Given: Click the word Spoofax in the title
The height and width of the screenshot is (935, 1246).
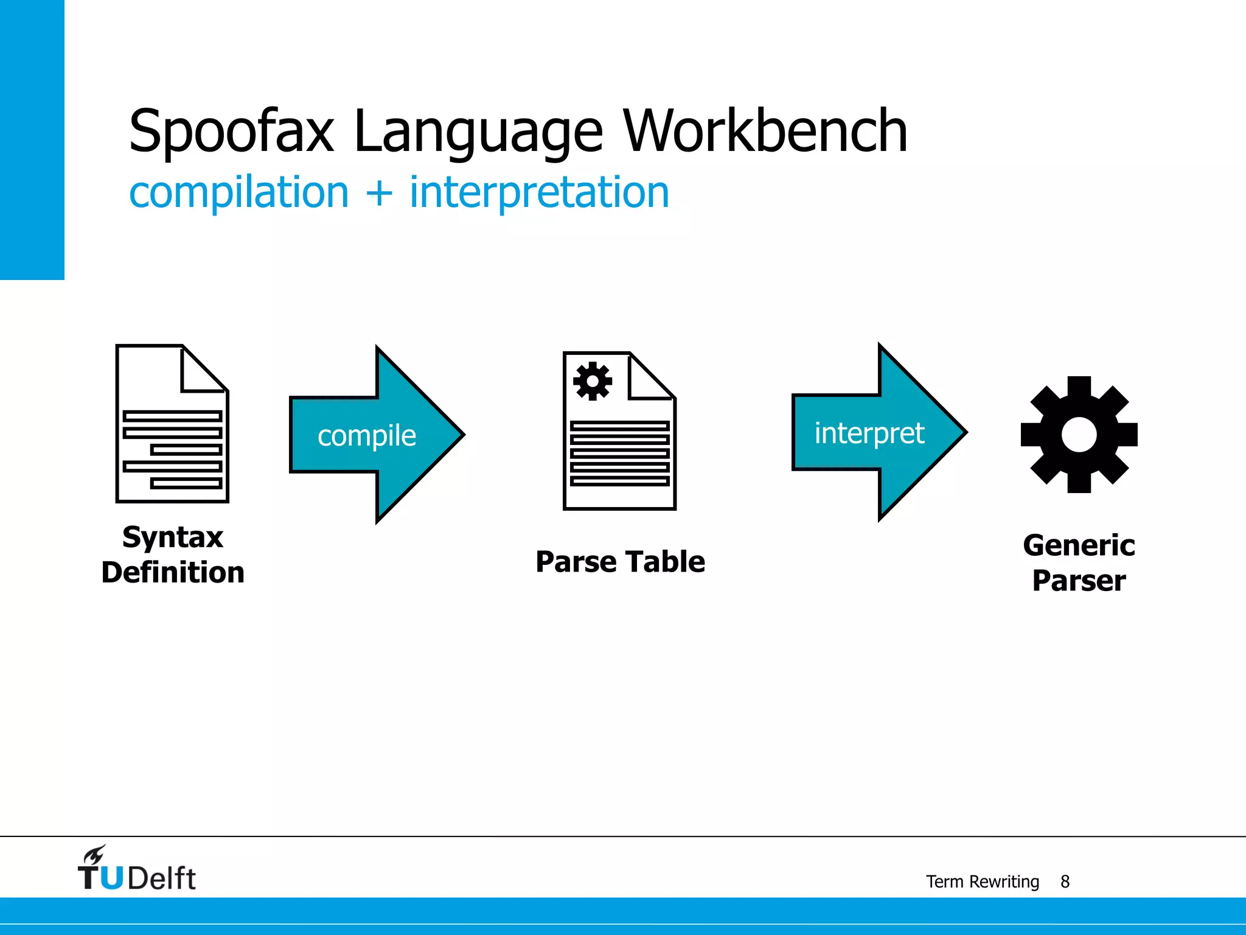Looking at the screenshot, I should coord(231,131).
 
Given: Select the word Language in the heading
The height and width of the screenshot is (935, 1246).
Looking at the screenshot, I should coord(478,131).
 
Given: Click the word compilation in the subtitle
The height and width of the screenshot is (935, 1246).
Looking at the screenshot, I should coord(239,192).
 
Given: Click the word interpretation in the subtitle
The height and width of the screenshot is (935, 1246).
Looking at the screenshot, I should coord(539,192).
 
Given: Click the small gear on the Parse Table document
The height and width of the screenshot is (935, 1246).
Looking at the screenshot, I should coord(592,382).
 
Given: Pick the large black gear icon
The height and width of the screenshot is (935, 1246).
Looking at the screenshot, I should coord(1079,435).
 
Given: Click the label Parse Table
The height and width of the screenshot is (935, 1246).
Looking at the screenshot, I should coord(620,561).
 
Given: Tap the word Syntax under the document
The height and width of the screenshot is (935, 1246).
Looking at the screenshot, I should coord(173,538).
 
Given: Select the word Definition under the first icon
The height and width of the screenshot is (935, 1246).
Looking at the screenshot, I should coord(173,573).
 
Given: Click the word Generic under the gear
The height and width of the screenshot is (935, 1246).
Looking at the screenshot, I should coord(1079,545).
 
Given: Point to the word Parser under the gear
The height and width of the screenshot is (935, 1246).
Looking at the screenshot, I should coord(1079,581).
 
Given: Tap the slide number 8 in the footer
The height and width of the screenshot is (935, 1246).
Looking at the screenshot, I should coord(1065,881).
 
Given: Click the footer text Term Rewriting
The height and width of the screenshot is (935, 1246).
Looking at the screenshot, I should coord(982,881).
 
